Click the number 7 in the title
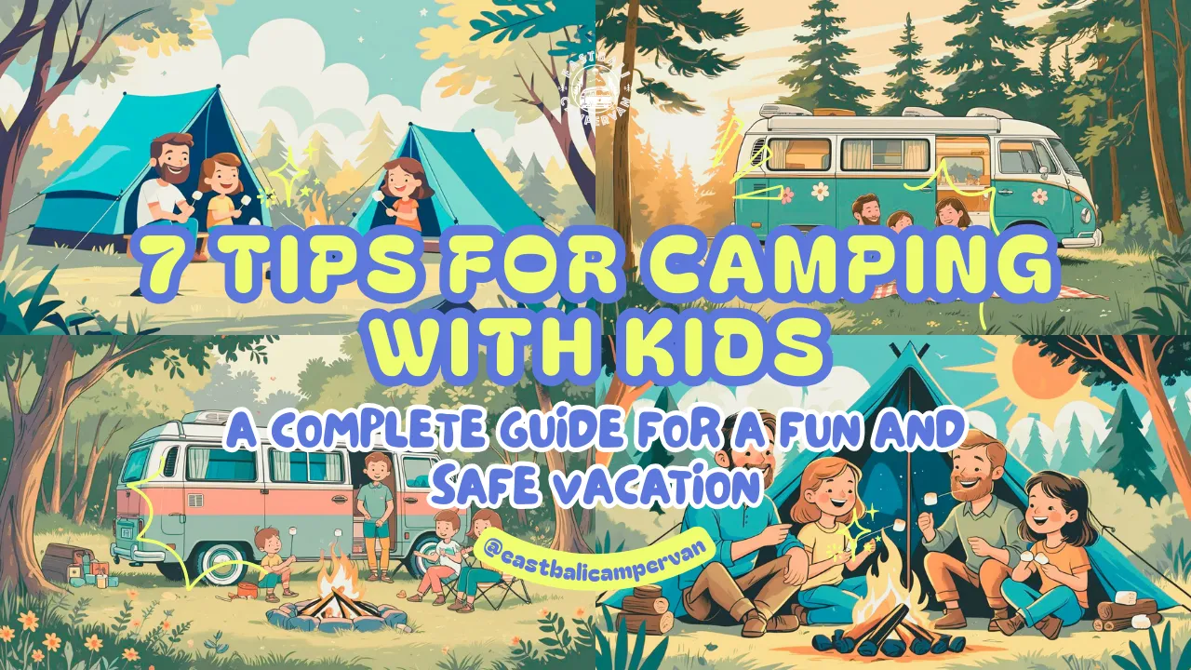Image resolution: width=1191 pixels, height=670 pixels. point(165,264)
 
